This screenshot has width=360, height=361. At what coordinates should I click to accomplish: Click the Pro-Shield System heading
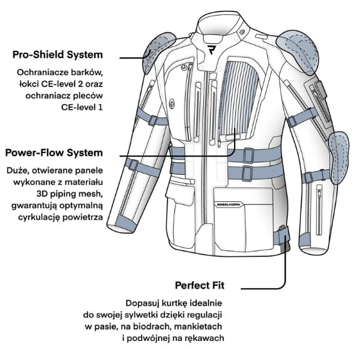(x=58, y=55)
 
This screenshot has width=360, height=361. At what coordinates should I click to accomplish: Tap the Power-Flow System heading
(x=54, y=153)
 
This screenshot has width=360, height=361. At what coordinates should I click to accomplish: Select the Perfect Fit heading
(x=199, y=286)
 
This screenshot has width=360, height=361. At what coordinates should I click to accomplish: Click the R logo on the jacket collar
(x=211, y=50)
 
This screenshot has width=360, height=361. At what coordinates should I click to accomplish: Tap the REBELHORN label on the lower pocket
(x=228, y=204)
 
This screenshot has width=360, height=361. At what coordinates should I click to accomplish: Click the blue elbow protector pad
(x=339, y=157)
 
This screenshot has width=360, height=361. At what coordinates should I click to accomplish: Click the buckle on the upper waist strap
(x=249, y=155)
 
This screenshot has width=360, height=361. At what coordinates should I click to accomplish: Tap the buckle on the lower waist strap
(x=247, y=173)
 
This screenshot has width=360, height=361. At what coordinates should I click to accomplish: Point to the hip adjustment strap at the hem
(x=282, y=237)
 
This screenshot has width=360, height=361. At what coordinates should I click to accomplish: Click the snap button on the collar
(x=241, y=31)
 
